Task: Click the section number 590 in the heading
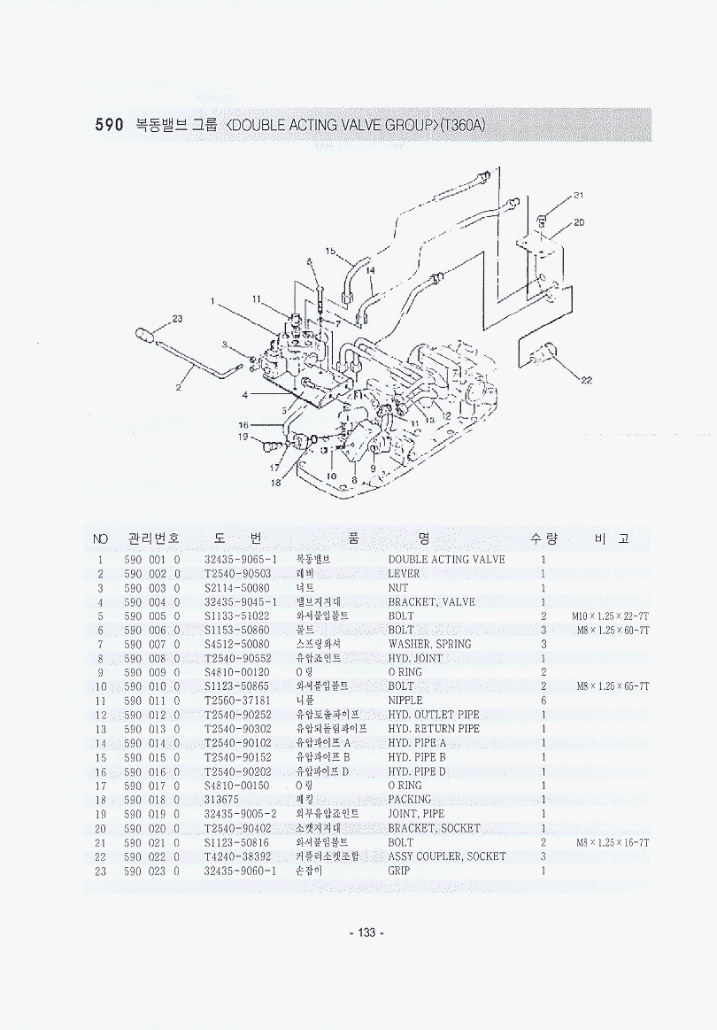(109, 125)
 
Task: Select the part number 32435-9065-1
(241, 560)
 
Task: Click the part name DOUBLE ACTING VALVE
(446, 560)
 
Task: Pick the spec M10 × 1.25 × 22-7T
(611, 616)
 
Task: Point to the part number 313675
(222, 800)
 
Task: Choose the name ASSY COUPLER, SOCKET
(447, 856)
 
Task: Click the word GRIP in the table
(398, 871)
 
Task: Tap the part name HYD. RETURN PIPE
(434, 729)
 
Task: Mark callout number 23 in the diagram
(177, 320)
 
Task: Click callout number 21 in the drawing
(577, 196)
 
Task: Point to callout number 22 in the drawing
(585, 381)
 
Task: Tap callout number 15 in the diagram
(330, 252)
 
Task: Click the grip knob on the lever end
(144, 335)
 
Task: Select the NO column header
(101, 538)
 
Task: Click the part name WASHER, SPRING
(429, 644)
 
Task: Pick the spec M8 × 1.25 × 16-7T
(612, 842)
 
